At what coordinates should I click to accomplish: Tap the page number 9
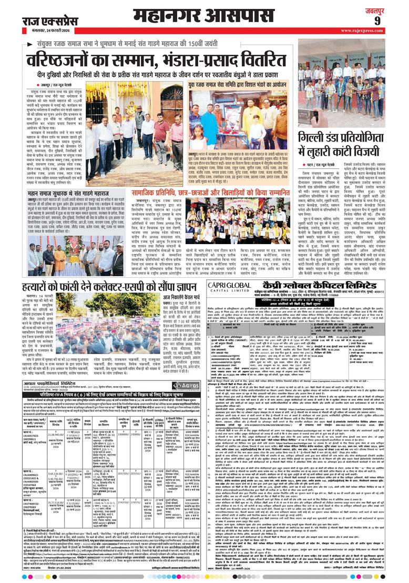(x=392, y=21)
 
